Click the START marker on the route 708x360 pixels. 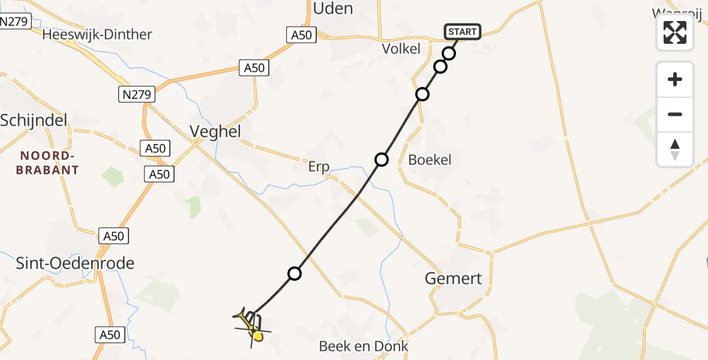tap(462, 32)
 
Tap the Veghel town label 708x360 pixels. tap(215, 131)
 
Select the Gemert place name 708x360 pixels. tap(453, 278)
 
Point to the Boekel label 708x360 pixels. tap(430, 160)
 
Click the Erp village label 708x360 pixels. tap(319, 167)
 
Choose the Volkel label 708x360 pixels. tap(401, 49)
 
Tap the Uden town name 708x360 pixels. tap(333, 8)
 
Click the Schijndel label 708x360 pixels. tap(33, 119)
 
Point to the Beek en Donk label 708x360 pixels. tap(364, 346)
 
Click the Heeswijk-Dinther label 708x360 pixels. tap(97, 34)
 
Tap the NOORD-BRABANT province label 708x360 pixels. tap(49, 163)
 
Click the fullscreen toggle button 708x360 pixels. tap(675, 32)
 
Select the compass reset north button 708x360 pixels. tap(675, 149)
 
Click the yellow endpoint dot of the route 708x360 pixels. tap(258, 337)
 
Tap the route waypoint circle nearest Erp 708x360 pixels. tap(382, 160)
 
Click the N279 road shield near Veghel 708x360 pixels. tap(137, 94)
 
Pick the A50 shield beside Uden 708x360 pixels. tap(301, 35)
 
